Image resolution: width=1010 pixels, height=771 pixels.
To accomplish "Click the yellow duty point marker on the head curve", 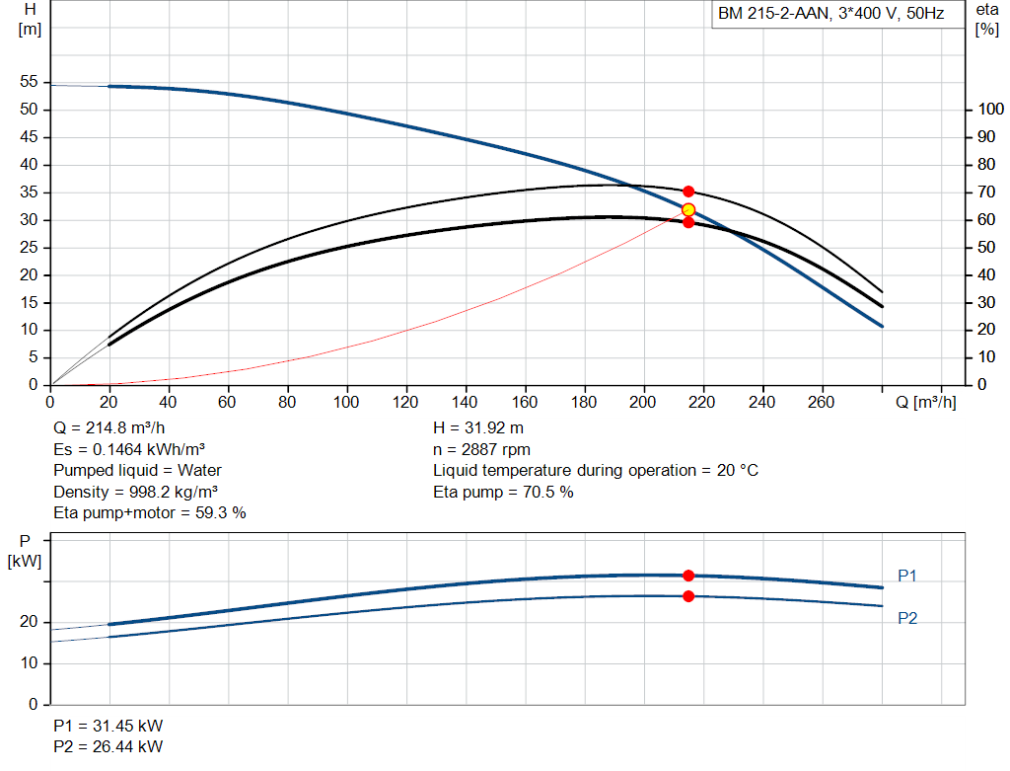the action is coord(687,209).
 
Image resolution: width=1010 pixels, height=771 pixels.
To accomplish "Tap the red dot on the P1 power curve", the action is coord(688,576).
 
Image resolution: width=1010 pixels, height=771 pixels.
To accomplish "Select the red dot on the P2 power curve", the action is coord(688,596).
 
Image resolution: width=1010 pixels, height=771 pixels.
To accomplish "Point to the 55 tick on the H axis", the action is coord(29,81).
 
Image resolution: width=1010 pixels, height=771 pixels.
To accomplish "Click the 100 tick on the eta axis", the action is coord(990,109).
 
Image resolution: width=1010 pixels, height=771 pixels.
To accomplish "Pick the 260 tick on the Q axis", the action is coord(821,402).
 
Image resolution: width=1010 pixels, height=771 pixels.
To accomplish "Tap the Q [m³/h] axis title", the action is coord(925,402).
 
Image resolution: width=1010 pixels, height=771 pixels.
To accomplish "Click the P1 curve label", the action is coord(907,576).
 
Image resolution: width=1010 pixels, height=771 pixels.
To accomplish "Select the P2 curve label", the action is coord(907,618).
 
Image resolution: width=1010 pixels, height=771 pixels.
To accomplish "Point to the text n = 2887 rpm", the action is coord(481,450).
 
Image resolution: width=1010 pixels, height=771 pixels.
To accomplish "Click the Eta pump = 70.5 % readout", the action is coord(503,493).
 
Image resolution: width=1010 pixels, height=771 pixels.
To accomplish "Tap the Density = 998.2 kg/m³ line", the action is coord(135,493).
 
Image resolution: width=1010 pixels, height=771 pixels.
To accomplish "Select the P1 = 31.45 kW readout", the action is coord(108,726).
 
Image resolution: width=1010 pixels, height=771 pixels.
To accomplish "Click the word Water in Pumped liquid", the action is coord(199,471).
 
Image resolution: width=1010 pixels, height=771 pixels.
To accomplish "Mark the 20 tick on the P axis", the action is coord(29,622).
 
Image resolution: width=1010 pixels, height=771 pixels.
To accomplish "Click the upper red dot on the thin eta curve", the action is coord(688,192).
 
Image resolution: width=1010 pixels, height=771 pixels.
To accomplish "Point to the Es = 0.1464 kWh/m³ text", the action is coord(129,449).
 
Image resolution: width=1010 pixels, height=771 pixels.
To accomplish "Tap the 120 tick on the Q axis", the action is coord(405,402).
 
